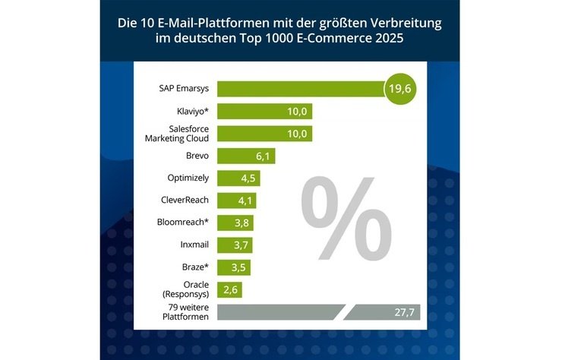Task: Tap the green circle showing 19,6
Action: point(402,90)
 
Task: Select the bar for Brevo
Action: point(243,156)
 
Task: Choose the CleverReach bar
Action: point(236,201)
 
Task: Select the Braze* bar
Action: point(234,267)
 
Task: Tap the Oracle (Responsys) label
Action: point(190,289)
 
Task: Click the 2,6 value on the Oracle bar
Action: point(230,290)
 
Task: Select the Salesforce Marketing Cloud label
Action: point(176,134)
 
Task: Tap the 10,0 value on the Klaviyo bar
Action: point(297,112)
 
